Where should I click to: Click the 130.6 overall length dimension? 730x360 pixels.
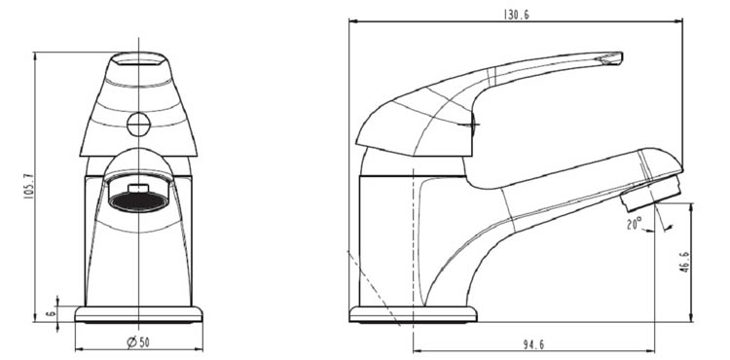point(516,15)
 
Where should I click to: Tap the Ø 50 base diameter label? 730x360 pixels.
point(138,342)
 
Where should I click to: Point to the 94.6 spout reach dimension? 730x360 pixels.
point(533,344)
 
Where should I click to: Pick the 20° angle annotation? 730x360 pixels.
point(634,224)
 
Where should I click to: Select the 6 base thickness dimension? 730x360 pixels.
point(52,313)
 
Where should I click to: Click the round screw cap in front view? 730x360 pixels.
point(138,125)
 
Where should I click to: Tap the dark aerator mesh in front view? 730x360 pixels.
point(138,201)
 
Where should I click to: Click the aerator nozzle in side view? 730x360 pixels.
point(651,193)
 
